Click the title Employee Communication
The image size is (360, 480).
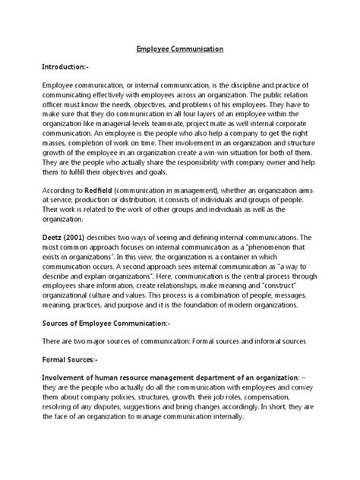(x=180, y=49)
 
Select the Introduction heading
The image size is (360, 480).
(x=70, y=68)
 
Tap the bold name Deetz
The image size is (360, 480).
(x=53, y=237)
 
